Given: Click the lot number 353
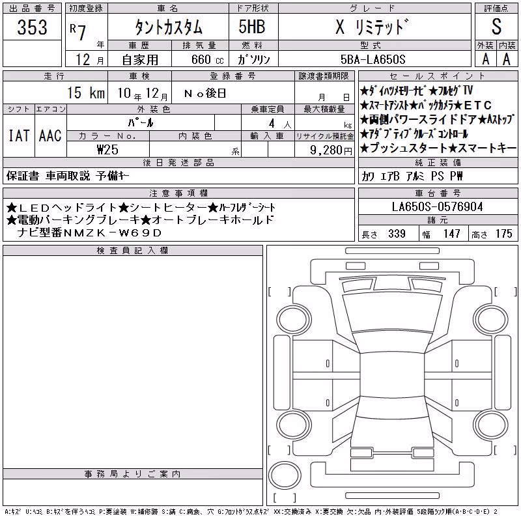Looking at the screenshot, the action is pos(32,27).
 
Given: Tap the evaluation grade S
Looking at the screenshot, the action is pos(496,27).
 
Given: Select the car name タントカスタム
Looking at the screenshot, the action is pos(169,27).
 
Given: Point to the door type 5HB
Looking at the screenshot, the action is pos(252,27).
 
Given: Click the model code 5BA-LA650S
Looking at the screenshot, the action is pos(373,59).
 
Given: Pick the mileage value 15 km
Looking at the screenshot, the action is pos(86,92).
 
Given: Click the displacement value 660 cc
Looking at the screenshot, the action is pos(207,60).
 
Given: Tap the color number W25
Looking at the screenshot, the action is pos(107,150).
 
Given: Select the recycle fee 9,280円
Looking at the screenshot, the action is pos(331,150).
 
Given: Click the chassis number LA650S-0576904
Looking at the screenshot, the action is pos(437,206).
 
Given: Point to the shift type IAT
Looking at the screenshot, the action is pos(19,135).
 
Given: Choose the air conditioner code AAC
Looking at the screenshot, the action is pos(50,135).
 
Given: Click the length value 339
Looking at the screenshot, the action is pos(397,234).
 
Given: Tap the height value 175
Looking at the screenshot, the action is pos(503,234).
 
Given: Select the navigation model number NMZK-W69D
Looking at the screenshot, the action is pos(140,232).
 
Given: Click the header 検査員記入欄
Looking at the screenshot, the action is pos(132,251).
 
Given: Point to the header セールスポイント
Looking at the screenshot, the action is pos(438,76).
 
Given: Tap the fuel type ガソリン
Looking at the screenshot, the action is pos(254,59).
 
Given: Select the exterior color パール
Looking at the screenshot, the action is pos(141,122).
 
